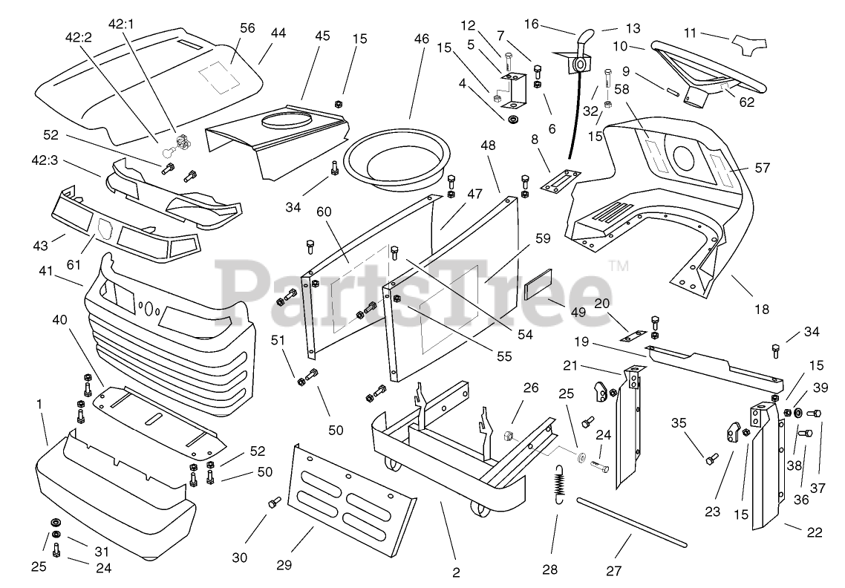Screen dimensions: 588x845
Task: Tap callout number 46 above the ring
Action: (x=421, y=39)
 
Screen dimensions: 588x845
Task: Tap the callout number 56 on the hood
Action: (x=247, y=27)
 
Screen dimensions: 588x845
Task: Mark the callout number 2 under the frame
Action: (x=456, y=572)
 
